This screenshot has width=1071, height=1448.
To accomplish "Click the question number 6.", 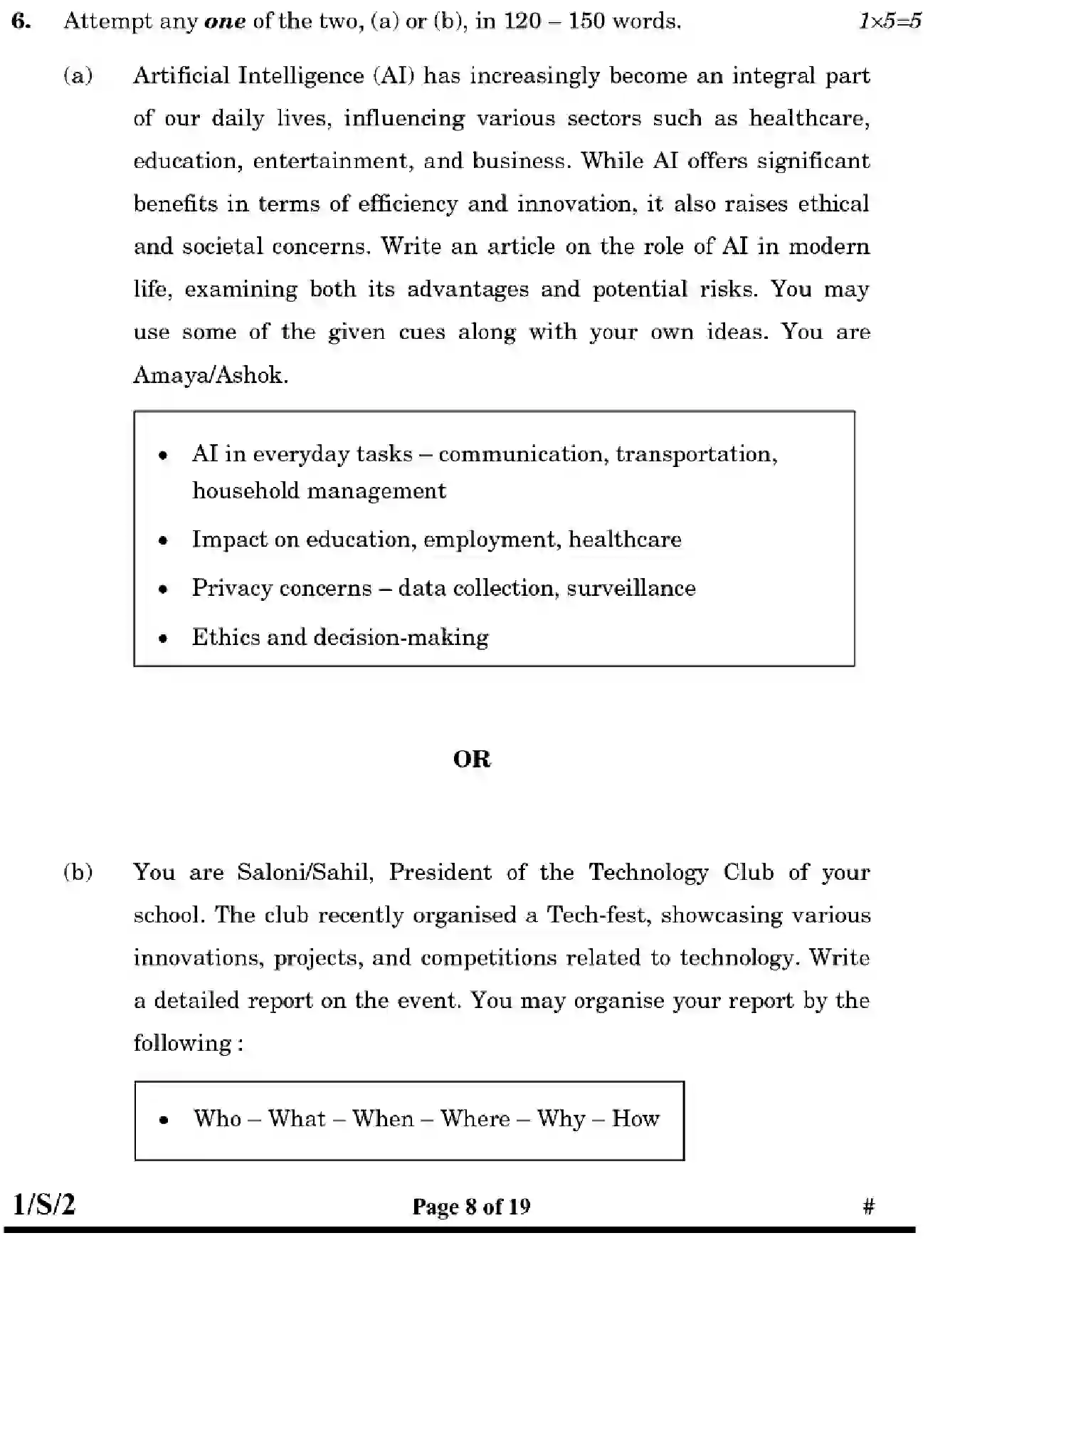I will (x=21, y=21).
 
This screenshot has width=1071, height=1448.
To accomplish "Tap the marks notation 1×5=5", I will (x=889, y=21).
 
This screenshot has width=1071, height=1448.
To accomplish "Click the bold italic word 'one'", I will (x=224, y=22).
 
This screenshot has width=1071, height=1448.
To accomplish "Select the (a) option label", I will (x=78, y=76).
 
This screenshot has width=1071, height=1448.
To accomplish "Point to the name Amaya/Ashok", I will (x=210, y=375).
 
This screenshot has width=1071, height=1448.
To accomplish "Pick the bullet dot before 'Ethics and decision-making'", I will (x=164, y=639).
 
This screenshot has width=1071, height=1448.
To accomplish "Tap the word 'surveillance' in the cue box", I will (x=631, y=588).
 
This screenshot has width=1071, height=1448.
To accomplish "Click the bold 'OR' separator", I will (x=472, y=760).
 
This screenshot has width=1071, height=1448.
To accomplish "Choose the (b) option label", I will (x=78, y=873).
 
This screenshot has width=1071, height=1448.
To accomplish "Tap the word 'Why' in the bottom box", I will (x=560, y=1118).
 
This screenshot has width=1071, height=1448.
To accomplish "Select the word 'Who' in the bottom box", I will (x=217, y=1118).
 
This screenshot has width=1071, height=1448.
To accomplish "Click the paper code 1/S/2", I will (x=44, y=1205).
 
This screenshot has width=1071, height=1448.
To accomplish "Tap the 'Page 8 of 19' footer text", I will (x=471, y=1207).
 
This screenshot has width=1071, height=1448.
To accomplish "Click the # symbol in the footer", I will (x=868, y=1207).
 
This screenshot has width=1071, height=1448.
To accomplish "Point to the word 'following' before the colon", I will (x=182, y=1044).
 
